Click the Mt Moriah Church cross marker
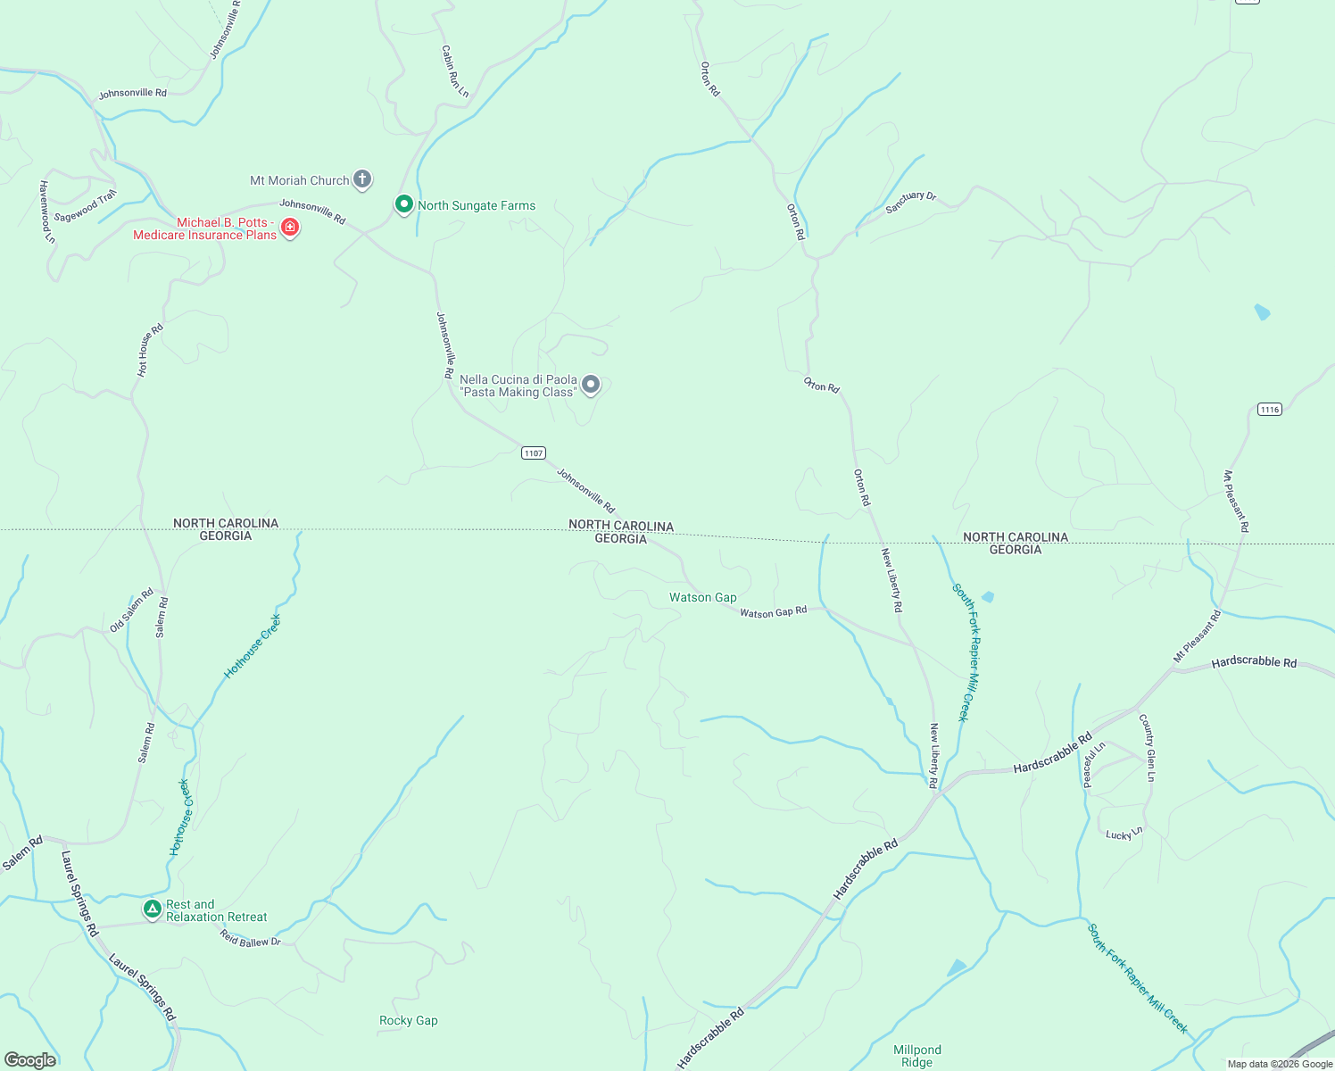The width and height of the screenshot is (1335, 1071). pos(362,179)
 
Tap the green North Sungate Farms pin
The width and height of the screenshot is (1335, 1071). pos(403,204)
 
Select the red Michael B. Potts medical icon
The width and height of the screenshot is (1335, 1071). pos(290,228)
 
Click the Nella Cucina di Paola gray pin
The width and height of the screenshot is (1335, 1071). pos(591,385)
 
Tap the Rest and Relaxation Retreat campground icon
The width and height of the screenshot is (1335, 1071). pos(153,909)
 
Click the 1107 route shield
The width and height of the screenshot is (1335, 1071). pos(533,453)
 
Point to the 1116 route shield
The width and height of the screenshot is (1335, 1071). pos(1269,410)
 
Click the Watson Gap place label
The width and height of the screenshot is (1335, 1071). pos(703,598)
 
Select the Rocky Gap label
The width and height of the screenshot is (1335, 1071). pos(409,1021)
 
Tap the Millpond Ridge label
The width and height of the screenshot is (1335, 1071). pos(917,1056)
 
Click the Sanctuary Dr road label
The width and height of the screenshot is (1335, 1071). pos(910,203)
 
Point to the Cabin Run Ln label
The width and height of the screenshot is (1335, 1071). pos(455,71)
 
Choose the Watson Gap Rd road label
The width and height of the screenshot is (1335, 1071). pos(773,611)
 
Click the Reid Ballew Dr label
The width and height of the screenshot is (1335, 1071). pos(251,938)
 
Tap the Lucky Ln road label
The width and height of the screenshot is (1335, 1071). pos(1124,834)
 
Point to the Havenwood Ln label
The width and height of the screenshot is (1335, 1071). pos(46,212)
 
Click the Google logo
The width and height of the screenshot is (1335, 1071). pos(30,1060)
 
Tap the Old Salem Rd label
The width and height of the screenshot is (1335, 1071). pos(132,610)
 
